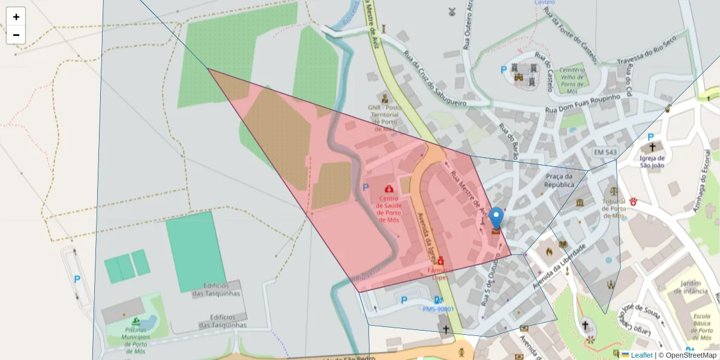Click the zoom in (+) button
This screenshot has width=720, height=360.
coord(16,17)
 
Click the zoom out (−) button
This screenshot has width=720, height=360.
coord(16,35)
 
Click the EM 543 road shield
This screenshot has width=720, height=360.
coord(605,152)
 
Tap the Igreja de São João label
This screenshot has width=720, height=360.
coord(652,162)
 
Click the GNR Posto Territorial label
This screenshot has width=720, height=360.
coord(384,114)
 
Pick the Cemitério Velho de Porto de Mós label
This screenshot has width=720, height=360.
coord(572,80)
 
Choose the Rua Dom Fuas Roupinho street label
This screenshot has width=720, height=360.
coord(582,106)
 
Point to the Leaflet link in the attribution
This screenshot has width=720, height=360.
coord(641,355)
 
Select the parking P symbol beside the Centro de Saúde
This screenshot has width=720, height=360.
coord(365,187)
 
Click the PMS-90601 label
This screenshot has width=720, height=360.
coord(439,310)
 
